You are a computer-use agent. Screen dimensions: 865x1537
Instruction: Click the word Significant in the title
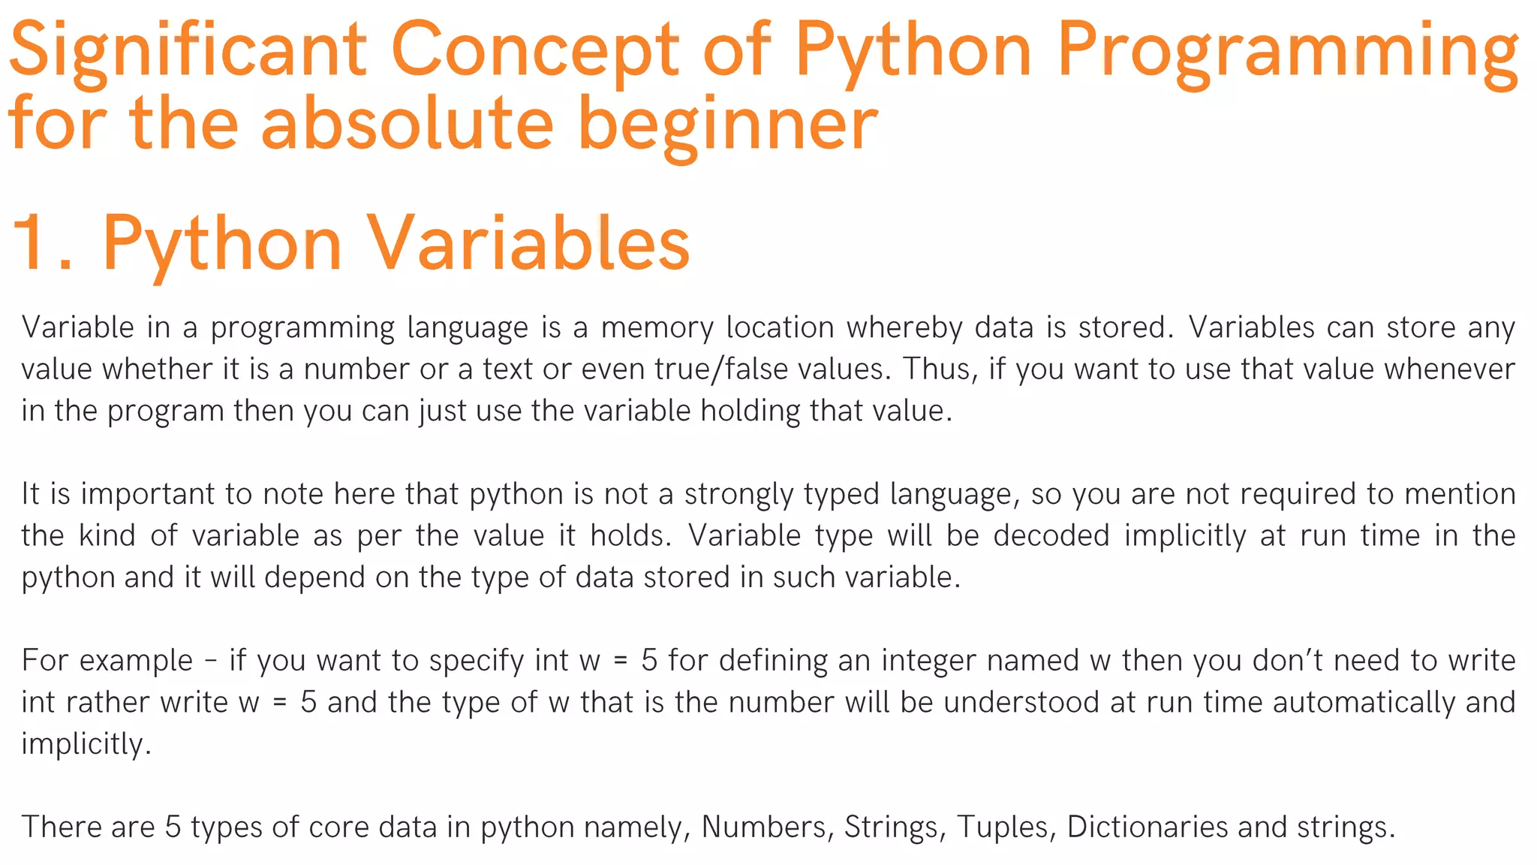pyautogui.click(x=188, y=51)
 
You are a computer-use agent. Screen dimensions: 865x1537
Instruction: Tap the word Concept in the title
pyautogui.click(x=534, y=51)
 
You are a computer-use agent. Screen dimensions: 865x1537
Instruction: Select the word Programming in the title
pyautogui.click(x=1287, y=51)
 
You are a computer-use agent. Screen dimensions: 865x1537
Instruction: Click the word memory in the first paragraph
pyautogui.click(x=657, y=328)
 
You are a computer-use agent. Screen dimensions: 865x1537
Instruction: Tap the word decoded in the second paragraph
pyautogui.click(x=1051, y=536)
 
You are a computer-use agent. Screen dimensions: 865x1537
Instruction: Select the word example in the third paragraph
pyautogui.click(x=136, y=661)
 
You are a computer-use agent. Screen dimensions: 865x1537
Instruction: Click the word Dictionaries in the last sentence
pyautogui.click(x=1147, y=827)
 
